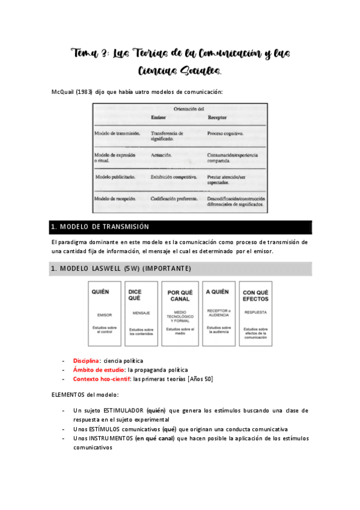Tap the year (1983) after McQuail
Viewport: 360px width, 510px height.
pyautogui.click(x=86, y=91)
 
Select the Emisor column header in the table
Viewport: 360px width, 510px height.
pyautogui.click(x=159, y=118)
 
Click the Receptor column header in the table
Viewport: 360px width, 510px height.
pyautogui.click(x=217, y=118)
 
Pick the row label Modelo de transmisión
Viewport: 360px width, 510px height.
pyautogui.click(x=117, y=132)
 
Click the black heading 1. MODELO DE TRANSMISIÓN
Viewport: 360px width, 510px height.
pyautogui.click(x=100, y=227)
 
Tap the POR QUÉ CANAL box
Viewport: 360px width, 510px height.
pyautogui.click(x=180, y=313)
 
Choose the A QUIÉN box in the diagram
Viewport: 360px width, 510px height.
pyautogui.click(x=217, y=313)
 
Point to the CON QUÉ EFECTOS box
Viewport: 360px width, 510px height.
pyautogui.click(x=255, y=313)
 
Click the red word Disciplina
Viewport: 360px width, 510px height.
pyautogui.click(x=87, y=360)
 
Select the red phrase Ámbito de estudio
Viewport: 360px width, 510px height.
pyautogui.click(x=99, y=369)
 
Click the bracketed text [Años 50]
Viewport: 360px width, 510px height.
pyautogui.click(x=200, y=379)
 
